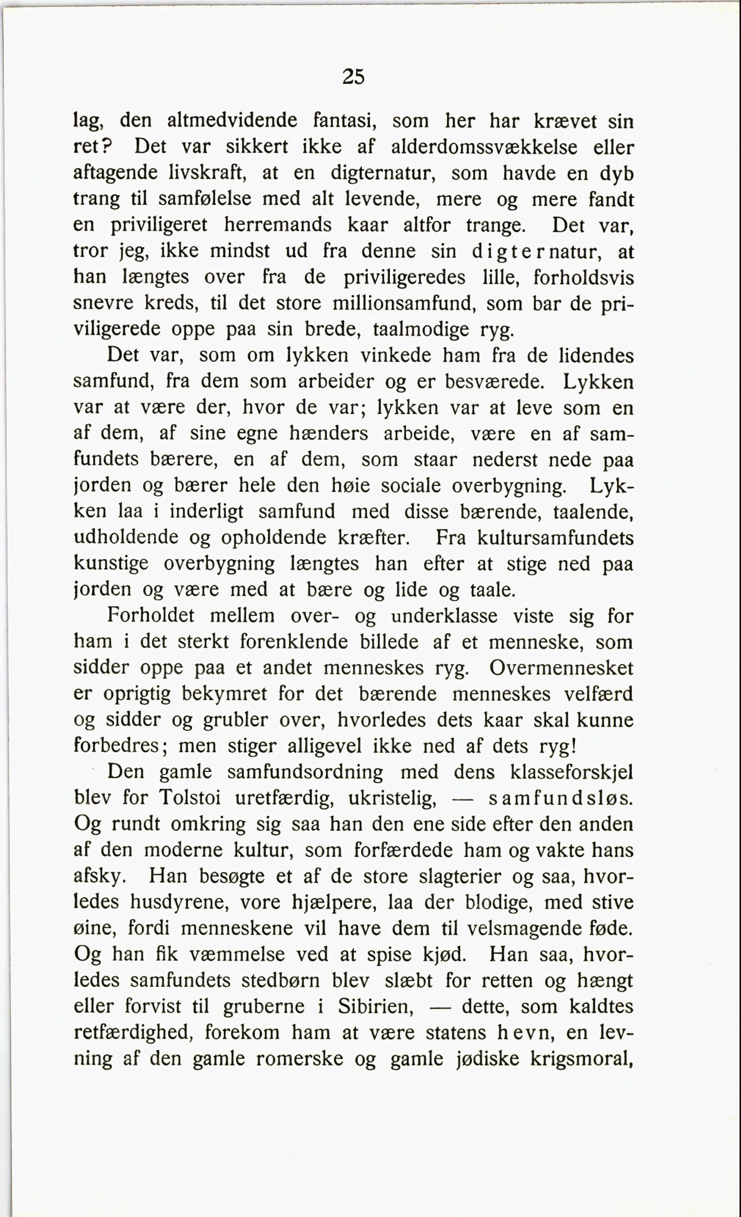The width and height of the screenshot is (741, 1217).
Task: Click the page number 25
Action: point(353,77)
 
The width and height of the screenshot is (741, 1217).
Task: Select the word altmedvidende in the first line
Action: point(232,121)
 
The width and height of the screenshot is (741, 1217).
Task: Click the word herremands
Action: point(278,225)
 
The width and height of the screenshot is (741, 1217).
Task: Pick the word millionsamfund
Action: point(404,303)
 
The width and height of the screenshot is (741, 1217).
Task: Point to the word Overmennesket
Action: point(562,668)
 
